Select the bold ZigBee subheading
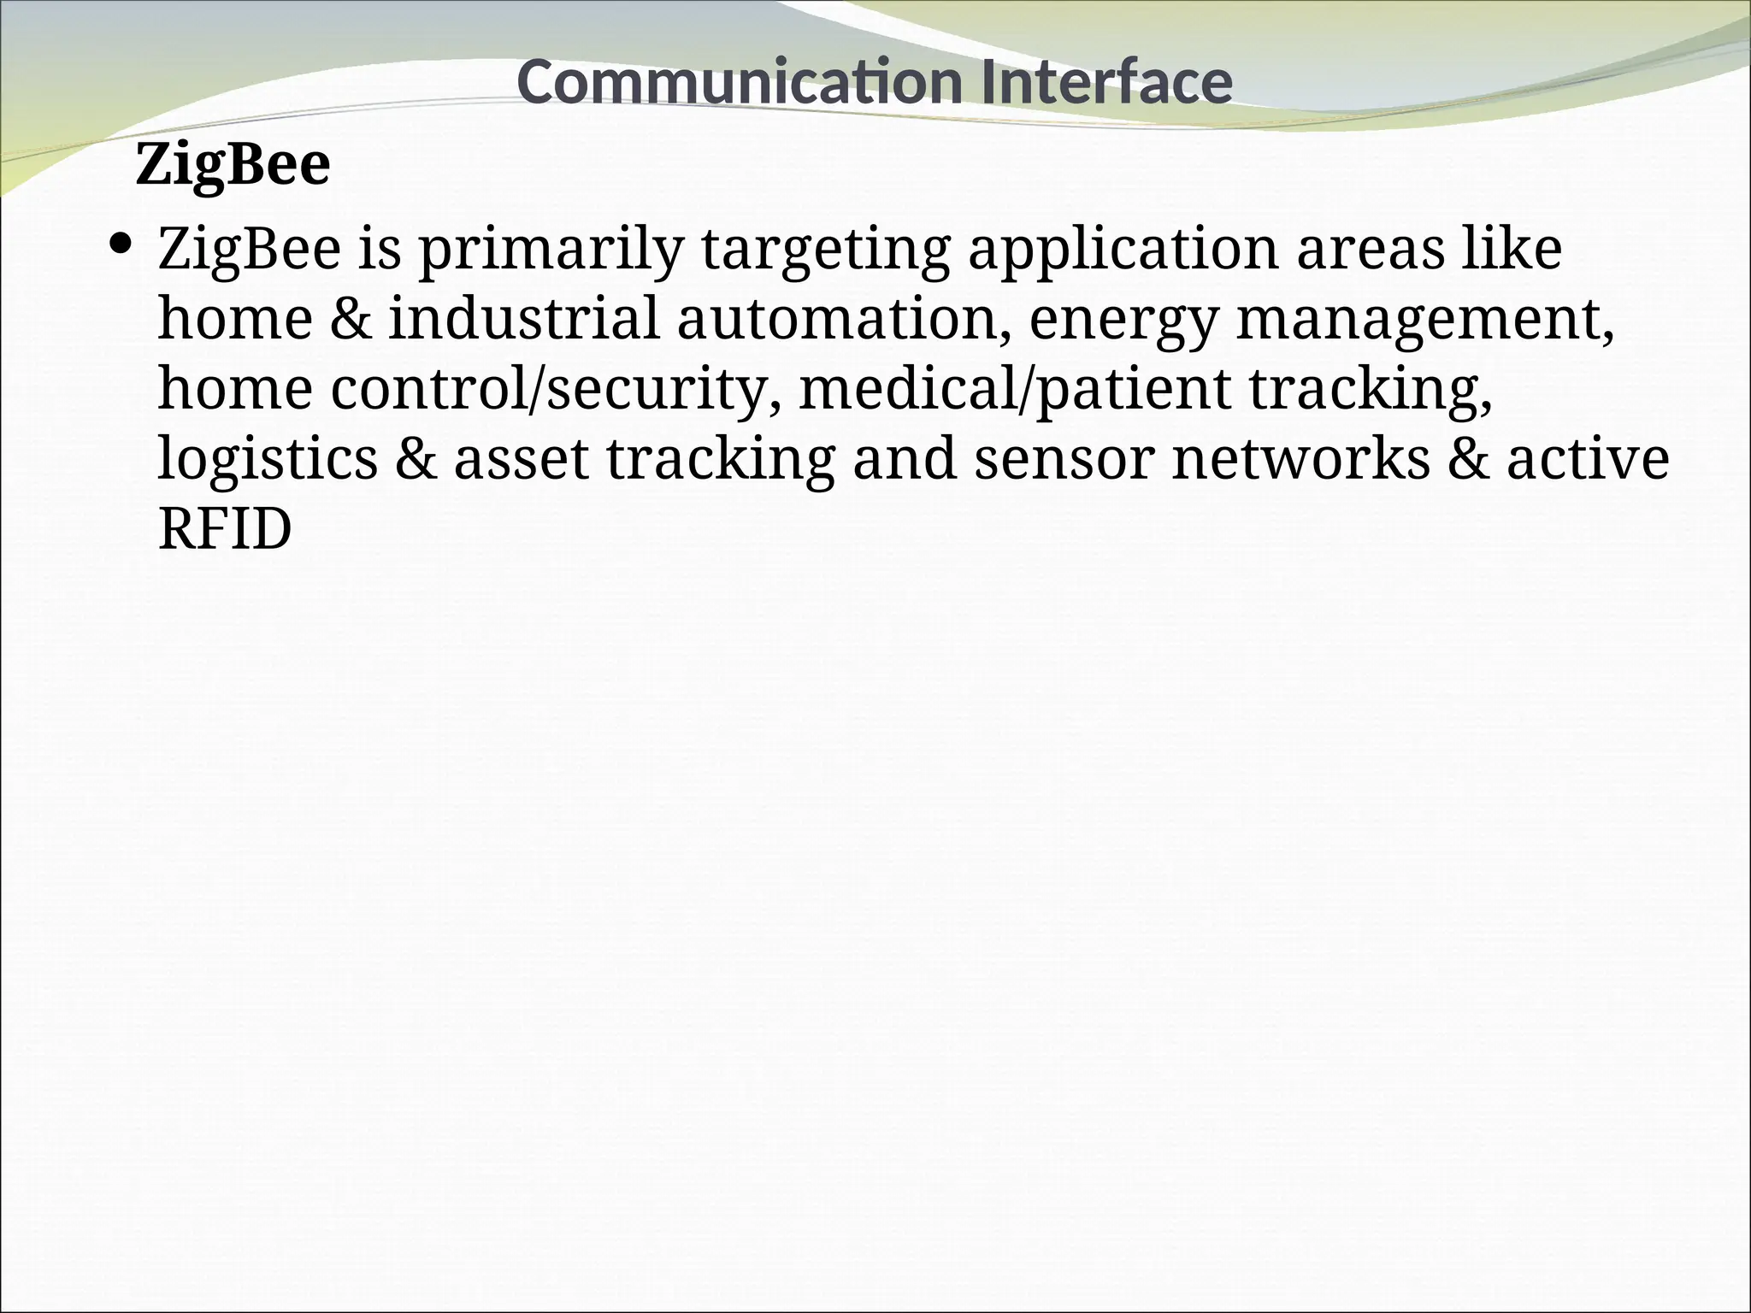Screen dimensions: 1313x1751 [233, 165]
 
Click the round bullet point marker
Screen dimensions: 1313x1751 [122, 245]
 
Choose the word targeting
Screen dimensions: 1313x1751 [825, 250]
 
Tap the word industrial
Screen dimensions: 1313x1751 [524, 319]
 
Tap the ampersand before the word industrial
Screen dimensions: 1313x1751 [351, 319]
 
